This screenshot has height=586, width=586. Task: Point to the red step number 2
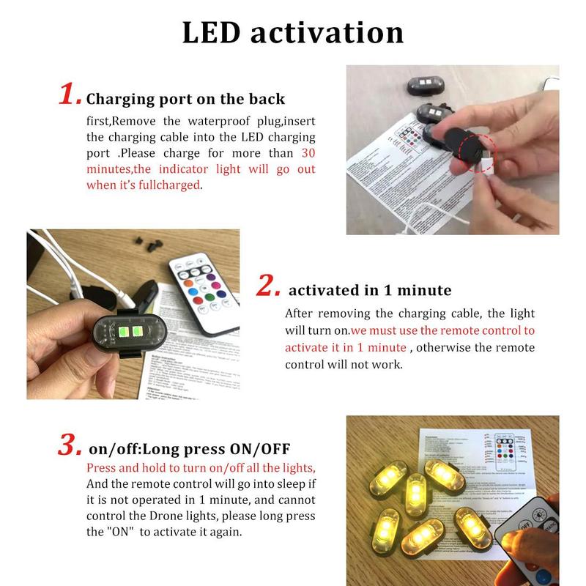coord(267,286)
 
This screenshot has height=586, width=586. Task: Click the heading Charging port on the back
coord(185,99)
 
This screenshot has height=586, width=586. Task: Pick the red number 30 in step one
coord(308,153)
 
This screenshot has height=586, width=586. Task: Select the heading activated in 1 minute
coord(370,291)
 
